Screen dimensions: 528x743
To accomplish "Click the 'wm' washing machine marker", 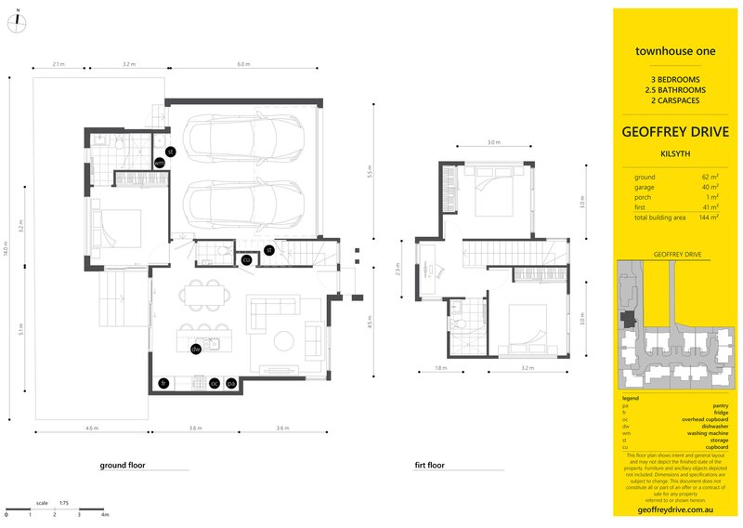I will (159, 163).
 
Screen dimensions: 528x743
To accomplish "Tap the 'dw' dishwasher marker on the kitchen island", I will (196, 350).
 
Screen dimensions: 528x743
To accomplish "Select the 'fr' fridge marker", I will (163, 382).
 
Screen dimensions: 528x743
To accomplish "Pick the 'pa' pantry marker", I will (231, 382).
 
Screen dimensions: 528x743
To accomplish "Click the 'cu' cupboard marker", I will (246, 260).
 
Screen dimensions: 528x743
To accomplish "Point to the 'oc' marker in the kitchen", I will (214, 382).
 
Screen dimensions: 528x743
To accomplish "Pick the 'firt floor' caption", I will (430, 464).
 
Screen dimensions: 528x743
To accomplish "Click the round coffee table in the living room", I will (283, 338).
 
